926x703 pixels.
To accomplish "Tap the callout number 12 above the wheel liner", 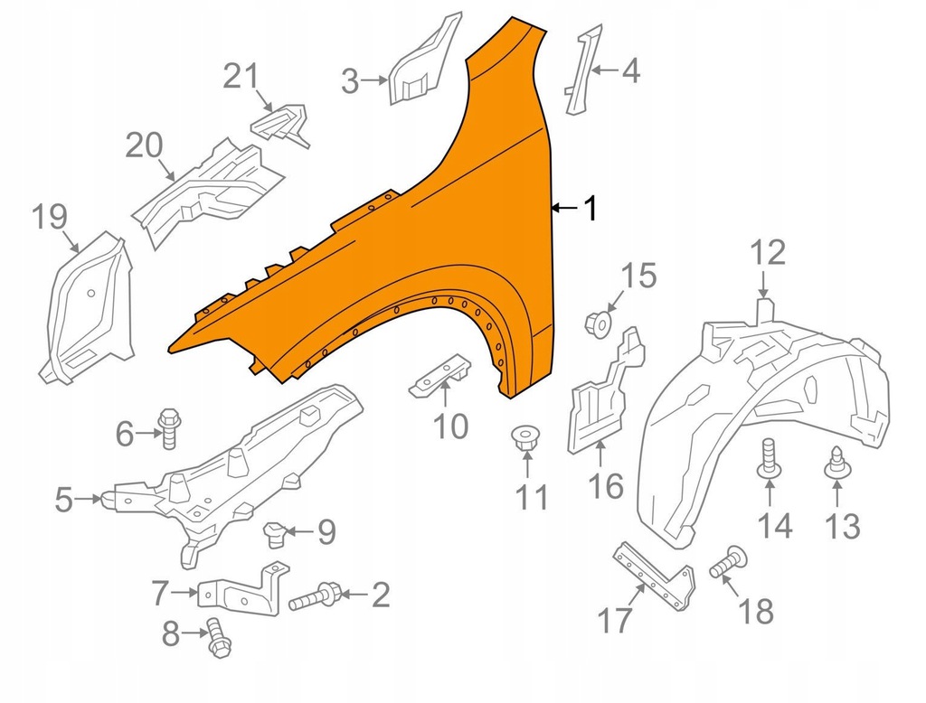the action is click(768, 253).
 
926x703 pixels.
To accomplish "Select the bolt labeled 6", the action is click(168, 428).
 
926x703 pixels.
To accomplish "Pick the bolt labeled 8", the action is click(219, 637).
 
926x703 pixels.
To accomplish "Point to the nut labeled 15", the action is click(599, 325).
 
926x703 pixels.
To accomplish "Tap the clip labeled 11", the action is click(524, 438).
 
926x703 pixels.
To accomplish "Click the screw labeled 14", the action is click(769, 458).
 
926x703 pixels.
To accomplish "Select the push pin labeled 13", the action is click(836, 462).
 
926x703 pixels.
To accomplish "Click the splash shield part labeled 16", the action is click(605, 390).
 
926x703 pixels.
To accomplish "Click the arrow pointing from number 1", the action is click(565, 208).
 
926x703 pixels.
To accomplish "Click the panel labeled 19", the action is click(87, 307).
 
